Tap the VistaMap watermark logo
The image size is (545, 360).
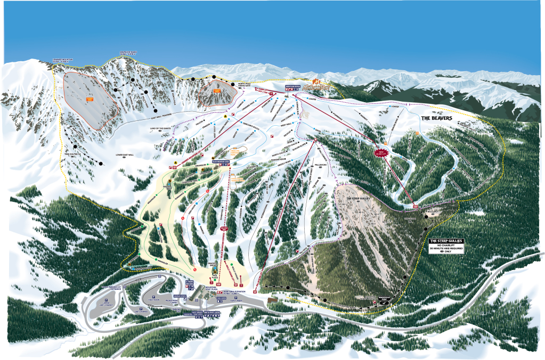click(457, 293)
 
